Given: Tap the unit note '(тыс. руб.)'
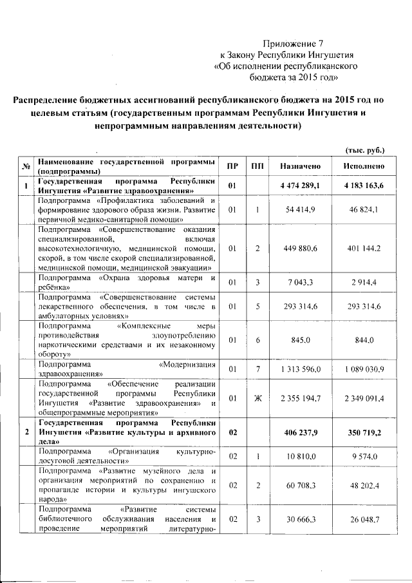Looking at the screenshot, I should click(x=365, y=150).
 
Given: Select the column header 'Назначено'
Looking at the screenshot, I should click(x=300, y=167).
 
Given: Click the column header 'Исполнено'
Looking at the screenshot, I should click(x=364, y=167).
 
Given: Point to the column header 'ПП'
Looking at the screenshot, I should click(x=257, y=167).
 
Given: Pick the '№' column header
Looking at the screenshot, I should click(x=27, y=167).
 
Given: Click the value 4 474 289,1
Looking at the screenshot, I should click(x=300, y=186).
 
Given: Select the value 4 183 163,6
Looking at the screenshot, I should click(x=364, y=186).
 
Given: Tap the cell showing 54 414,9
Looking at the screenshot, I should click(x=300, y=210).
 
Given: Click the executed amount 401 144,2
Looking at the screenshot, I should click(x=364, y=248).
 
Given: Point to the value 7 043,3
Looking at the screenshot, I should click(x=300, y=282).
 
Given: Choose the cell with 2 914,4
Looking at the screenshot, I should click(x=364, y=282).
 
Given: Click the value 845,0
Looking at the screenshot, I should click(x=300, y=339).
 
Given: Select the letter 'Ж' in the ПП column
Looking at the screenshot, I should click(x=257, y=399).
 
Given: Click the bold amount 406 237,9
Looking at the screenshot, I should click(x=300, y=432).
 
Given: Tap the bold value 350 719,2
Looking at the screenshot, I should click(x=364, y=432).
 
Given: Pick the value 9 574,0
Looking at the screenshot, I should click(x=364, y=456).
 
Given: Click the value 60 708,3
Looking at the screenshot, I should click(x=300, y=485).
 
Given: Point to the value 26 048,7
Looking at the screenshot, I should click(x=364, y=519).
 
